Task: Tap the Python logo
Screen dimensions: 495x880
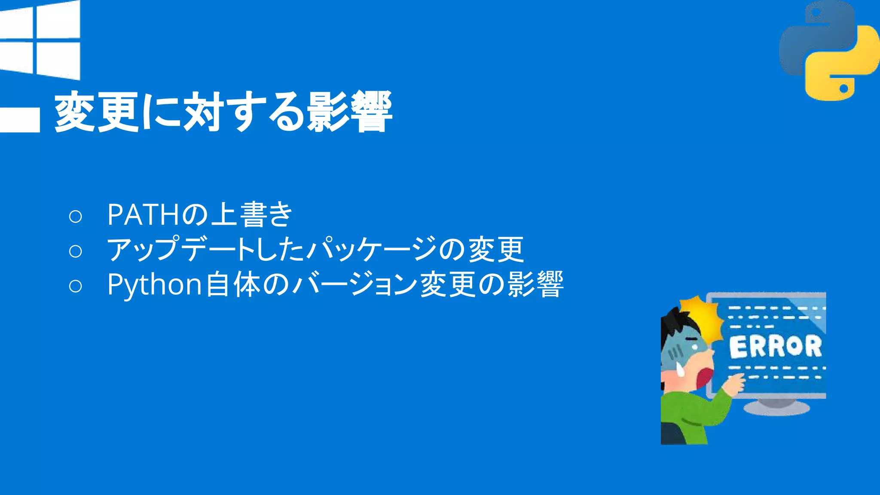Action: point(829,50)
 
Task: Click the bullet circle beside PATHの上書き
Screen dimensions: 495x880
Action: point(75,216)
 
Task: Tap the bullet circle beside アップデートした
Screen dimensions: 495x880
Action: point(75,251)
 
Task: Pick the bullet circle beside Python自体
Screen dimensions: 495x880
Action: point(75,286)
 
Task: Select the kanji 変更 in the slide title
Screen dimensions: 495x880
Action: point(97,112)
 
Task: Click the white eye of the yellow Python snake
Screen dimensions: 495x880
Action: point(843,89)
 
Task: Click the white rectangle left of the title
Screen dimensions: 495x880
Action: point(20,119)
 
